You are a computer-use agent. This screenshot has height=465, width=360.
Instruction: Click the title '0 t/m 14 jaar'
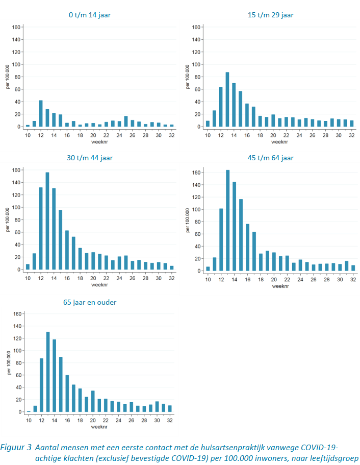pyautogui.click(x=90, y=15)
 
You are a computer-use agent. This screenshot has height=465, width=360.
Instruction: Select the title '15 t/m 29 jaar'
pyautogui.click(x=270, y=15)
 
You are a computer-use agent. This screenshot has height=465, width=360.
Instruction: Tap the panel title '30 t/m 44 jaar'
pyautogui.click(x=90, y=158)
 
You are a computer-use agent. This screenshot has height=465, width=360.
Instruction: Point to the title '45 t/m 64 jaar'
pyautogui.click(x=270, y=158)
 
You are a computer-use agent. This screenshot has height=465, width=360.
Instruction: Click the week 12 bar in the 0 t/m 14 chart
pyautogui.click(x=41, y=113)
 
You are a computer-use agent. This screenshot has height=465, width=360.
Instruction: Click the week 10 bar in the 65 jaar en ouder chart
pyautogui.click(x=28, y=411)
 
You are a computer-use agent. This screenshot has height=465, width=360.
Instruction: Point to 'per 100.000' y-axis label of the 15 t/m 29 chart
pyautogui.click(x=188, y=77)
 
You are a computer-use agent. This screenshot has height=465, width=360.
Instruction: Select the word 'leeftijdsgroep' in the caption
pyautogui.click(x=333, y=458)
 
